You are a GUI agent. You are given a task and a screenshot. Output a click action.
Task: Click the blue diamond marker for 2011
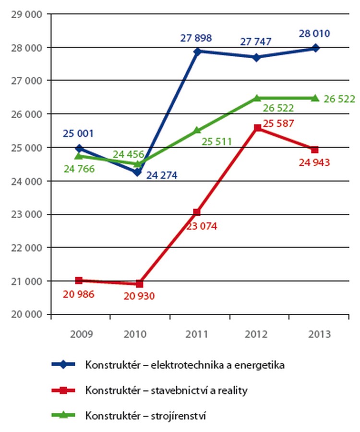[198, 51]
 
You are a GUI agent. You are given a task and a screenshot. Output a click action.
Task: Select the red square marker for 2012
[257, 128]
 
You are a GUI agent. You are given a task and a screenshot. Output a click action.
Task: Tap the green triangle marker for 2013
[315, 98]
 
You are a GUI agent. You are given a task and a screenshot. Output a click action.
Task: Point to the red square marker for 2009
[79, 280]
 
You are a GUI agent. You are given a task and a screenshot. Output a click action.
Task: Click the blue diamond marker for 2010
[138, 172]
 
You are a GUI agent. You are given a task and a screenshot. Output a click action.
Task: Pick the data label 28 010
[315, 35]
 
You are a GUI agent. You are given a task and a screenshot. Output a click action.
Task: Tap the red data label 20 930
[138, 296]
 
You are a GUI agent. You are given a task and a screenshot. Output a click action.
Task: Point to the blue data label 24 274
[161, 175]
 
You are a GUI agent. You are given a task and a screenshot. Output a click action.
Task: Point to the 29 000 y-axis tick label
[25, 14]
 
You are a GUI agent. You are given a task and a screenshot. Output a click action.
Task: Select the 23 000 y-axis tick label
[25, 215]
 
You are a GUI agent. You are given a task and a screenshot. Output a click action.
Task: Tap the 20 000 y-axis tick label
[25, 315]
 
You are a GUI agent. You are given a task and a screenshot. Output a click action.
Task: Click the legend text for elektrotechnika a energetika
[185, 365]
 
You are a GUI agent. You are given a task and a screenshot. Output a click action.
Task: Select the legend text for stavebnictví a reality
[166, 390]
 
